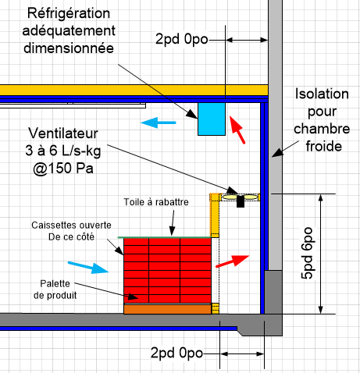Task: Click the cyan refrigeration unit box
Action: point(212,119)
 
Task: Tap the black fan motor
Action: point(241,201)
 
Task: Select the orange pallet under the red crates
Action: point(167,309)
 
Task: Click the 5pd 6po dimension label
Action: point(307,254)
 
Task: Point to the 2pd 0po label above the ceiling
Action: point(182,39)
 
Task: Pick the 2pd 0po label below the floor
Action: point(176,353)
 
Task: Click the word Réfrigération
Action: point(69,13)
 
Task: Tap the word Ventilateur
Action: point(63,133)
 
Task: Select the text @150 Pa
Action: point(63,169)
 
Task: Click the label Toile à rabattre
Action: point(156,202)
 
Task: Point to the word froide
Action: point(324,147)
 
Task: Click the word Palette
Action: point(55,283)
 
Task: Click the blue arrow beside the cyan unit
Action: point(159,123)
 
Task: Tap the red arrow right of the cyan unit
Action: point(237,130)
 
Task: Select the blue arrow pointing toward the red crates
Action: point(88,268)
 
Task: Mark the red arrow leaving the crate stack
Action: point(233,261)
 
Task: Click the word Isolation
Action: point(322,94)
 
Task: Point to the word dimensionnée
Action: point(69,48)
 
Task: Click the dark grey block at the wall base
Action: point(273,292)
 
